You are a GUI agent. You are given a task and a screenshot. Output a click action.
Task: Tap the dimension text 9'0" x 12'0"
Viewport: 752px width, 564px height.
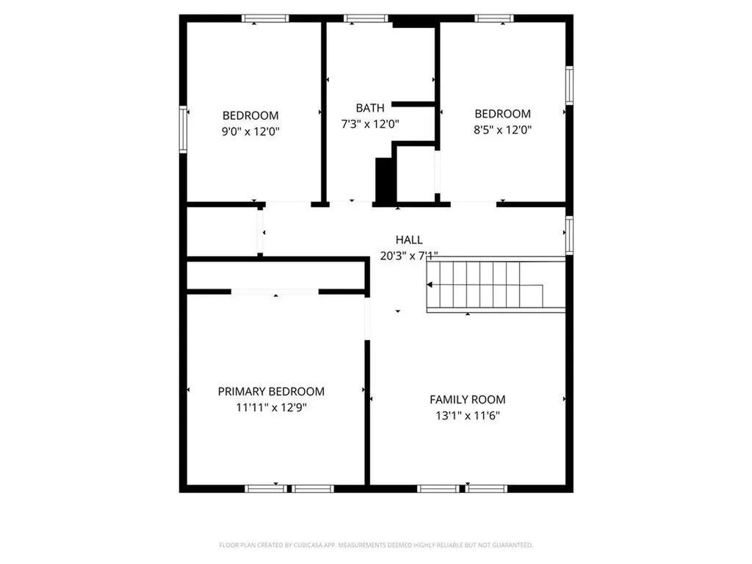250,131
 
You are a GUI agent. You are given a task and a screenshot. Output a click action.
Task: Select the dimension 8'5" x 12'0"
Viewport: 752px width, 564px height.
502,130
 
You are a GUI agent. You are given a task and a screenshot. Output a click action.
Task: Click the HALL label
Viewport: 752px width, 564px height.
409,239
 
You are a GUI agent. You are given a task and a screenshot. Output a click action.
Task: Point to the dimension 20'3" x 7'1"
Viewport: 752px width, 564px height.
409,256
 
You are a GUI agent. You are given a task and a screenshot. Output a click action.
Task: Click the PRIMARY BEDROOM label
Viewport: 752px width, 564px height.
271,391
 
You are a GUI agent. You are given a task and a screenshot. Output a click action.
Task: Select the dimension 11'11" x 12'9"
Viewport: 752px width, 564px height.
271,408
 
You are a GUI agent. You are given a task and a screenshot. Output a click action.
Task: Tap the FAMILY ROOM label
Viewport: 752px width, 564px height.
467,399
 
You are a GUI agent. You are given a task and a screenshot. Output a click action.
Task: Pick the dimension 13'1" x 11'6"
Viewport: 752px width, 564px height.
467,416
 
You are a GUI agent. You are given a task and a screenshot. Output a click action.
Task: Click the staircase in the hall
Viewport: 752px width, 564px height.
496,285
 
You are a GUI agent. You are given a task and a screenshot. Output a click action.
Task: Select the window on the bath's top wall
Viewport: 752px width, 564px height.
366,18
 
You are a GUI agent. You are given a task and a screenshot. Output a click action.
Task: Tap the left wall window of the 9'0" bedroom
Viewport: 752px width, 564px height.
184,129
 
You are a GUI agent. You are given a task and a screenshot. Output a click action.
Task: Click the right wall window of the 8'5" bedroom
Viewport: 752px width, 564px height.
569,85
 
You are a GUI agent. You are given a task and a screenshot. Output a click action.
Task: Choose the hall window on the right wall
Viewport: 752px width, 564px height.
569,236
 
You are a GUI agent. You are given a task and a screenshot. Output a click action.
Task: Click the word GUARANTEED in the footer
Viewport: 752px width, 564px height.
511,545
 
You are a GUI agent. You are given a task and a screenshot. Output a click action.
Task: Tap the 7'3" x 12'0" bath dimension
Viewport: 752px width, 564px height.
370,124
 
